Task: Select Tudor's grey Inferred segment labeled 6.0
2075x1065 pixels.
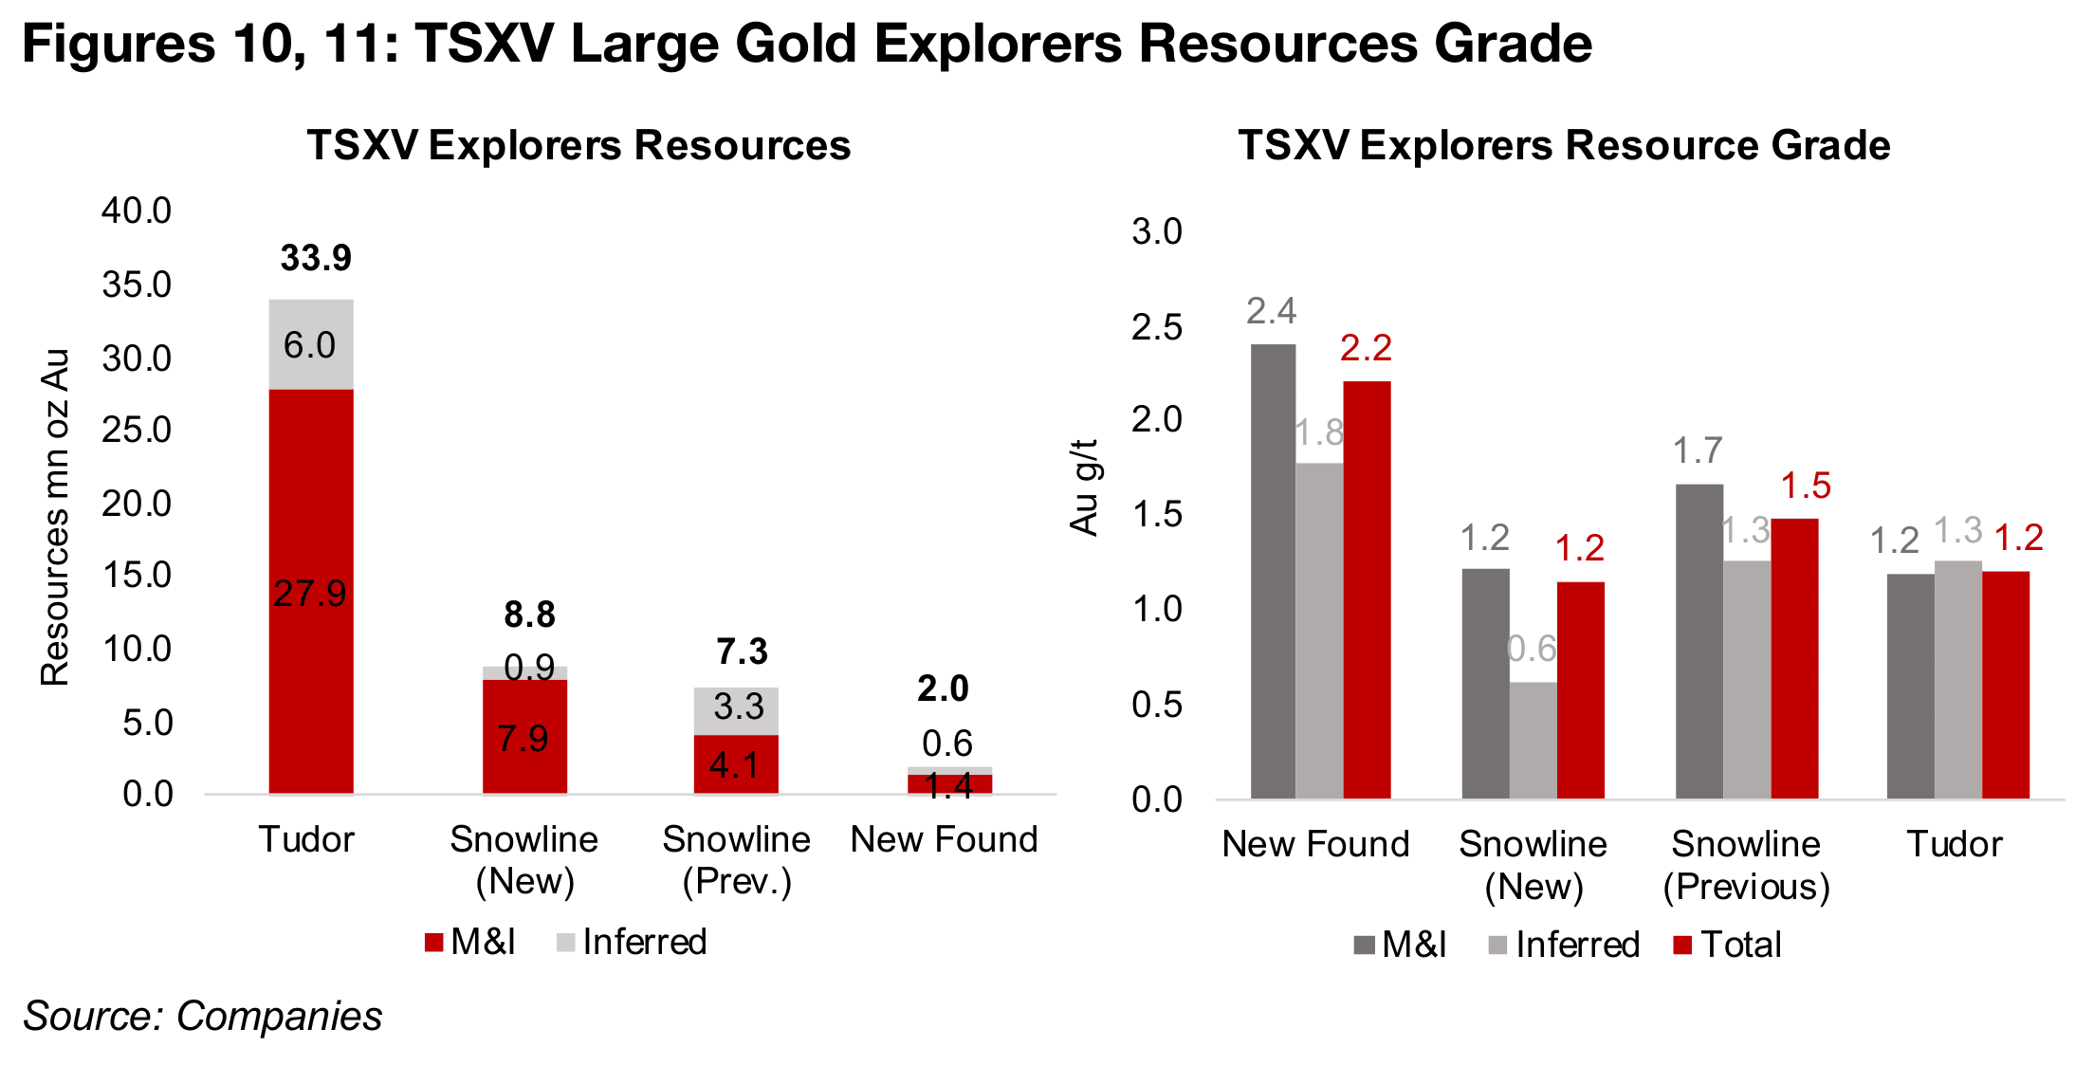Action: pos(311,344)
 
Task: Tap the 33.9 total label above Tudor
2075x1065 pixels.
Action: pos(316,258)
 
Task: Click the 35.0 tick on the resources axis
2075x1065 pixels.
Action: pos(137,285)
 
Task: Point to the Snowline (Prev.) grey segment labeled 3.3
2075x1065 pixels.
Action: pos(736,710)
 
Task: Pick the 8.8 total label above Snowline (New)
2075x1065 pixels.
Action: pos(529,615)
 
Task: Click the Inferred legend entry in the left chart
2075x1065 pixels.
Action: pos(633,942)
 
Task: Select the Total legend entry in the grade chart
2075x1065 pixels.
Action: pos(1728,945)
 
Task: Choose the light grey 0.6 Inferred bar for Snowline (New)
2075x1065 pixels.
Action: pos(1533,740)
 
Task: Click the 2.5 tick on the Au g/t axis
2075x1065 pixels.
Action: pos(1157,327)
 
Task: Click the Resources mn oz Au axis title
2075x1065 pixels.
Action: pos(55,517)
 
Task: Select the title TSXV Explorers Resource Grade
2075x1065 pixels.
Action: pos(1564,145)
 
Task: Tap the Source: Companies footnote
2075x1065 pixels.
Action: pos(203,1016)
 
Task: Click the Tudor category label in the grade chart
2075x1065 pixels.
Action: pos(1954,843)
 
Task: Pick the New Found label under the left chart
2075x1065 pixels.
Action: pos(944,839)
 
